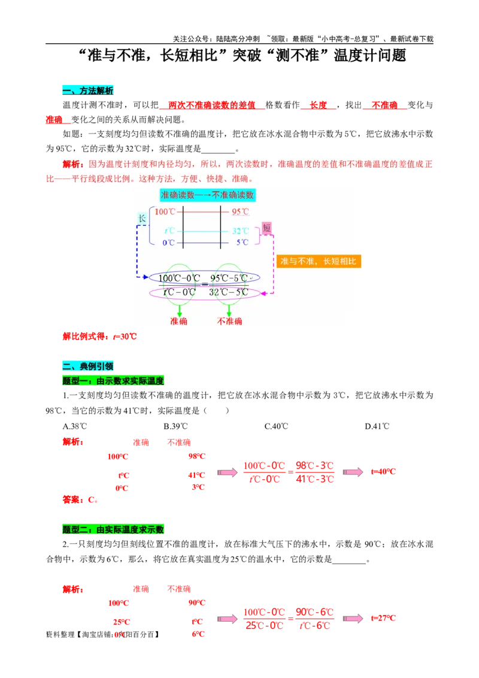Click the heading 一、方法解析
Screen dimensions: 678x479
coord(87,90)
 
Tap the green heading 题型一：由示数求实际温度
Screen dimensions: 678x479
coord(113,381)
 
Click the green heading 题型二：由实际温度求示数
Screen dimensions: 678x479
coord(113,529)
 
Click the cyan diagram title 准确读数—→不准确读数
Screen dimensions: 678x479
coord(207,195)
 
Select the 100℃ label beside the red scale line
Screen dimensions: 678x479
coord(165,211)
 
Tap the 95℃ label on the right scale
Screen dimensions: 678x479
coord(240,211)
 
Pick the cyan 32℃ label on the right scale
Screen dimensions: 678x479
coord(240,231)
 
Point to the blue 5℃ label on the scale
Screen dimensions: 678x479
coord(242,243)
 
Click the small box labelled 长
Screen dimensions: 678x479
coord(142,219)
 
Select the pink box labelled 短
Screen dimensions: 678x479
coord(266,228)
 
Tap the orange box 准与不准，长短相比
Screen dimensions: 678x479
coord(319,261)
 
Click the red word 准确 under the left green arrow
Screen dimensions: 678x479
coord(178,321)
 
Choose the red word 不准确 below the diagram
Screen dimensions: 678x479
coord(229,321)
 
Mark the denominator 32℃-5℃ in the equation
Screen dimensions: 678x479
coord(229,292)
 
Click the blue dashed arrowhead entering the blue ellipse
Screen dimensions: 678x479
coord(147,277)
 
